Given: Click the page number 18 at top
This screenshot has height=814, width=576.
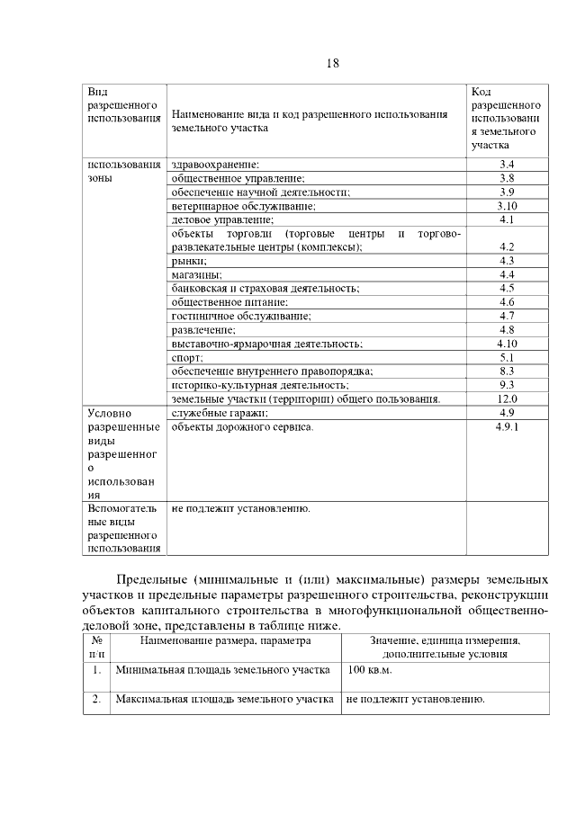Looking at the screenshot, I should click(332, 63).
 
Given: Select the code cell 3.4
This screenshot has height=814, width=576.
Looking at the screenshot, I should click(506, 165).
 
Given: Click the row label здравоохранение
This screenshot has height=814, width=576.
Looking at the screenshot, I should click(215, 165).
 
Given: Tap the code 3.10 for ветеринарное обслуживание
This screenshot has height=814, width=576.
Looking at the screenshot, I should click(506, 206).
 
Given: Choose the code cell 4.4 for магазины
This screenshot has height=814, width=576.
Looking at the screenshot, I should click(506, 274).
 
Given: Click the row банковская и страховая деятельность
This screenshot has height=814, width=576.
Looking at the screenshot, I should click(265, 288).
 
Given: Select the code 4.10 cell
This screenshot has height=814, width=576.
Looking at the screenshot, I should click(506, 343).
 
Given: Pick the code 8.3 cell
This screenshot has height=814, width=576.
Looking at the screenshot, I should click(506, 371).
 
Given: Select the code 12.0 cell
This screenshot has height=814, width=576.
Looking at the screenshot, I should click(506, 398).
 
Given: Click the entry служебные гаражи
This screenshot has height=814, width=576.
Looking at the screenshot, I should click(220, 413).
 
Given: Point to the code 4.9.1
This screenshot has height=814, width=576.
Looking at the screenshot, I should click(507, 426).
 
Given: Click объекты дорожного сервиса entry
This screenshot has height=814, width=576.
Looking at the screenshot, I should click(242, 426).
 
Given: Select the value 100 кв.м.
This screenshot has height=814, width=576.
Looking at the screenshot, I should click(370, 671).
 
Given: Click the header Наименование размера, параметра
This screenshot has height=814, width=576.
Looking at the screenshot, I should click(225, 640).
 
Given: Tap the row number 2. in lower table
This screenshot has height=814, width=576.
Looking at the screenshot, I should click(95, 699).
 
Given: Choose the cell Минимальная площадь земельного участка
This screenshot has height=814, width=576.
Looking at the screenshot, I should click(223, 671).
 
